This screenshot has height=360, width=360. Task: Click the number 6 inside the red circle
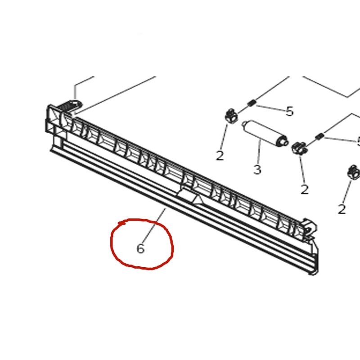tap(140, 249)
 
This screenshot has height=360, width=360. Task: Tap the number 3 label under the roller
tap(257, 170)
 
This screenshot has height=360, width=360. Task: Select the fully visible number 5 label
tap(290, 111)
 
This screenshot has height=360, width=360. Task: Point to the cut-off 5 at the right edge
tap(358, 141)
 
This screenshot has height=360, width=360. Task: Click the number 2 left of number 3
tap(220, 156)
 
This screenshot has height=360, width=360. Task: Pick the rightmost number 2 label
tap(342, 209)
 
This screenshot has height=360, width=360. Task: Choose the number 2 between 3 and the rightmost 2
tap(305, 189)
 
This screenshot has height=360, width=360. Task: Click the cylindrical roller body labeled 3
tap(265, 133)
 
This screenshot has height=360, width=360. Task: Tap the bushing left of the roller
tap(231, 117)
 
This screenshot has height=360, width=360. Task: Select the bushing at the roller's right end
tap(299, 148)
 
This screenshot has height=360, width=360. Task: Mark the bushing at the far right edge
tap(354, 172)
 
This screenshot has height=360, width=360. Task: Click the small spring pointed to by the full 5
tap(252, 103)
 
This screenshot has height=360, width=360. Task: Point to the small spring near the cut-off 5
tap(319, 136)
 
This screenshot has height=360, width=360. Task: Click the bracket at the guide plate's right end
tap(310, 229)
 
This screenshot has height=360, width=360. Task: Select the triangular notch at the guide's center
tap(198, 199)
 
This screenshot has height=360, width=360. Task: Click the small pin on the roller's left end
tap(244, 124)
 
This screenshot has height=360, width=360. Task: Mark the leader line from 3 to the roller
tap(260, 152)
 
